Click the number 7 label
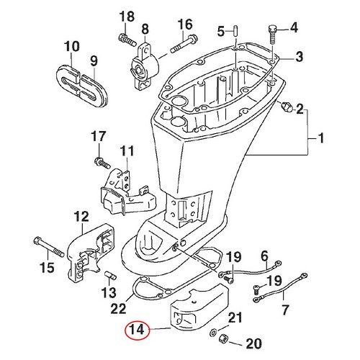point(284,310)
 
